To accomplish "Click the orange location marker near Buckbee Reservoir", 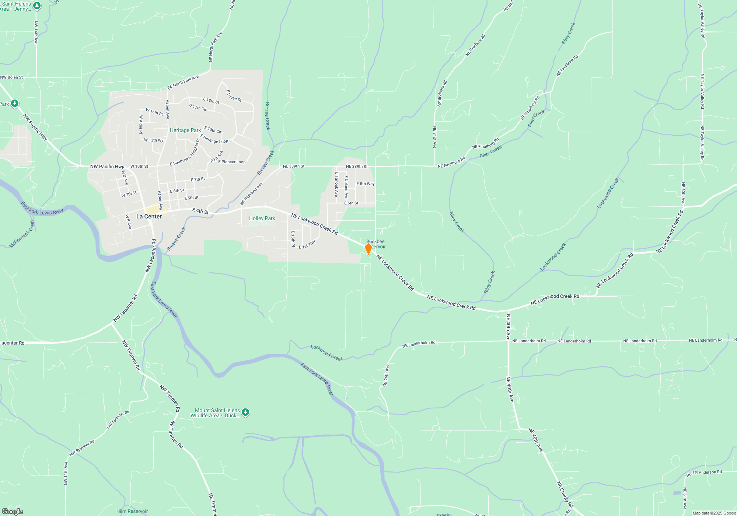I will tap(368, 248).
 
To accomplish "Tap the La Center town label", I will tap(149, 216).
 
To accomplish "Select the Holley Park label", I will tap(262, 218).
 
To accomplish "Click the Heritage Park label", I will tap(185, 130).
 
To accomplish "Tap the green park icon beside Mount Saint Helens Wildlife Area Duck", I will tap(245, 412).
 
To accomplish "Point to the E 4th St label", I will tap(200, 211).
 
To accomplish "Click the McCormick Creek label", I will tap(22, 234).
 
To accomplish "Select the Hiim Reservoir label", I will tap(132, 511).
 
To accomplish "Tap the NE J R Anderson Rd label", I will tap(704, 473).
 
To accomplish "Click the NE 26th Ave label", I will tap(386, 375).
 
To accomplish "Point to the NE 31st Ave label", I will tap(434, 137).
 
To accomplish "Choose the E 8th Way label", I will tap(365, 184).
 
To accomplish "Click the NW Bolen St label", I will tap(11, 77).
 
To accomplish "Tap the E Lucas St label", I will tap(234, 96).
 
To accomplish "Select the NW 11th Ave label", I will tap(66, 473).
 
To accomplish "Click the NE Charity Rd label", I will tap(565, 494).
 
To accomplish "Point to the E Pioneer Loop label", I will tap(232, 162).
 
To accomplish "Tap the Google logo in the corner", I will tap(13, 511).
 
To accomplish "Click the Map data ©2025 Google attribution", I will tap(714, 513).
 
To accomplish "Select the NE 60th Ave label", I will tap(683, 193).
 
